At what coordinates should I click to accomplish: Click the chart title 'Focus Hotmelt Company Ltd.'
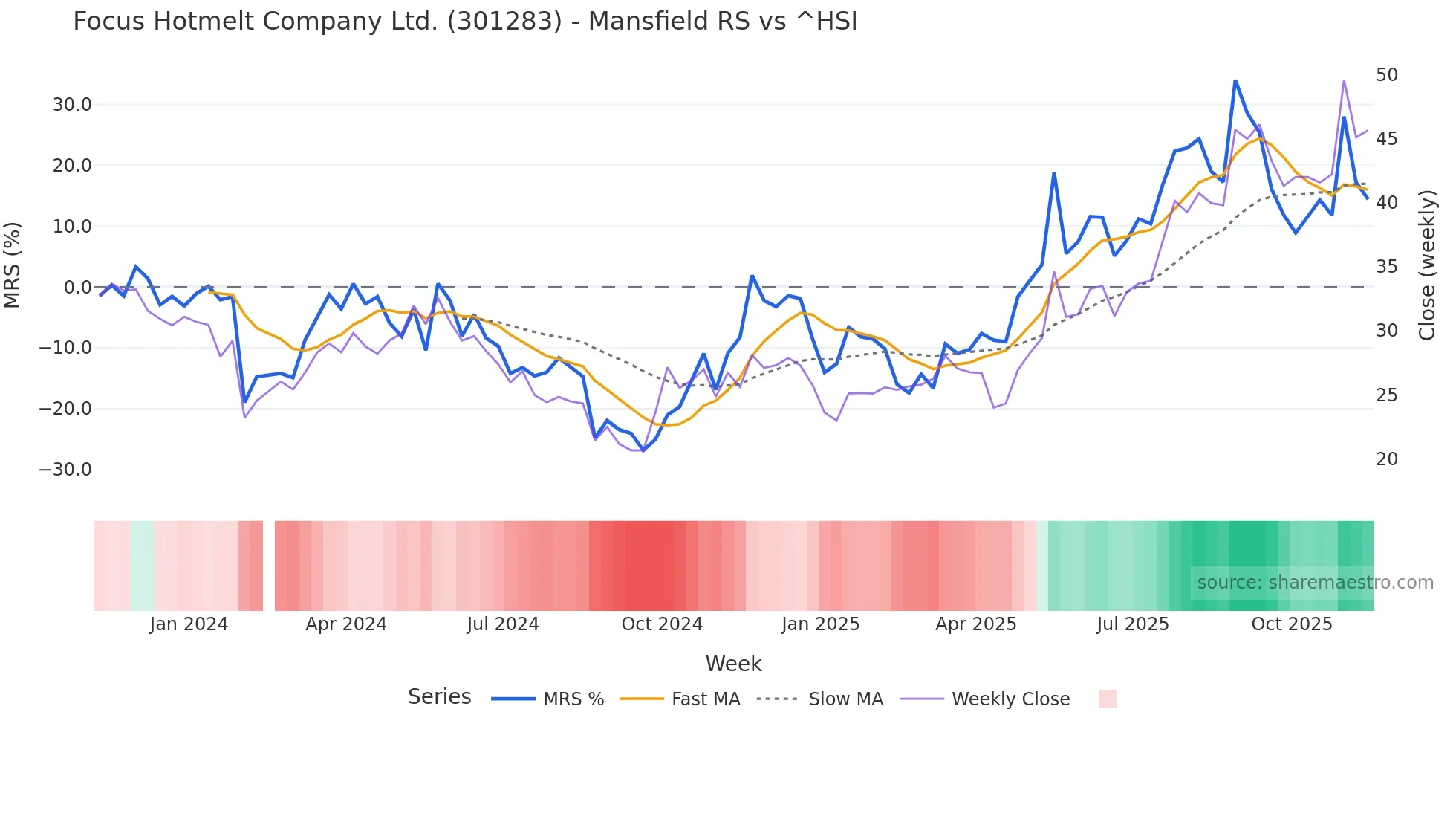pos(465,22)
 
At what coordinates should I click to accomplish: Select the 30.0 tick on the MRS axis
pos(72,105)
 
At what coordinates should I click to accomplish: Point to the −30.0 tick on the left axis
pos(65,470)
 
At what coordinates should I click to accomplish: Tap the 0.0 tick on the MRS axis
pos(78,288)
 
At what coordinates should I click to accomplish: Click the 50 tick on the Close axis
pos(1386,75)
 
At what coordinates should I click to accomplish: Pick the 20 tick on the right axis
pos(1386,459)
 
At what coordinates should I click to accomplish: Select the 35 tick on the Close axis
pos(1386,267)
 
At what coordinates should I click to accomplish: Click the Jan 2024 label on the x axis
pos(189,624)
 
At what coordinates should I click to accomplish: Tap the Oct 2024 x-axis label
pos(662,624)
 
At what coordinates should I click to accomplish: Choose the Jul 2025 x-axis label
pos(1133,624)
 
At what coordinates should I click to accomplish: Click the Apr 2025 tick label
pos(976,624)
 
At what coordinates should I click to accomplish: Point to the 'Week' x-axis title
pos(733,664)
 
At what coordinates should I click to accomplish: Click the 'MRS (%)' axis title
pos(13,265)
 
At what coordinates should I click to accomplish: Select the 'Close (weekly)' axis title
pos(1427,265)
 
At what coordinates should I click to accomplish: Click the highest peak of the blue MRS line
pos(1235,81)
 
